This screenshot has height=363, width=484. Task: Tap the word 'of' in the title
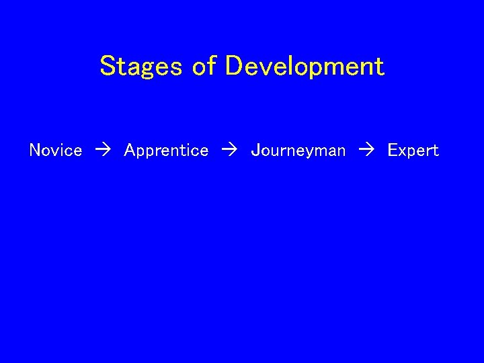click(x=204, y=67)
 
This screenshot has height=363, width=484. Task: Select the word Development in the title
click(x=305, y=67)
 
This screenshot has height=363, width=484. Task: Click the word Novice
click(x=56, y=151)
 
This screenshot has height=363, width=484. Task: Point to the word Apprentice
click(x=166, y=151)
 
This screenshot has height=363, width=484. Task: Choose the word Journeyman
click(x=298, y=151)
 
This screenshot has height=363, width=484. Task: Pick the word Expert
click(x=413, y=151)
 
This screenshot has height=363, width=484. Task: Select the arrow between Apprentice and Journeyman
click(x=229, y=151)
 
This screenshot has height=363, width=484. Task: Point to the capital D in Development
click(x=234, y=67)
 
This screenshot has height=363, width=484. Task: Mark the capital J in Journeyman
click(x=255, y=151)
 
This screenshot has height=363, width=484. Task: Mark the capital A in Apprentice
click(x=130, y=151)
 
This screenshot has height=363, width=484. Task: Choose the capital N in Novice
click(x=36, y=151)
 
